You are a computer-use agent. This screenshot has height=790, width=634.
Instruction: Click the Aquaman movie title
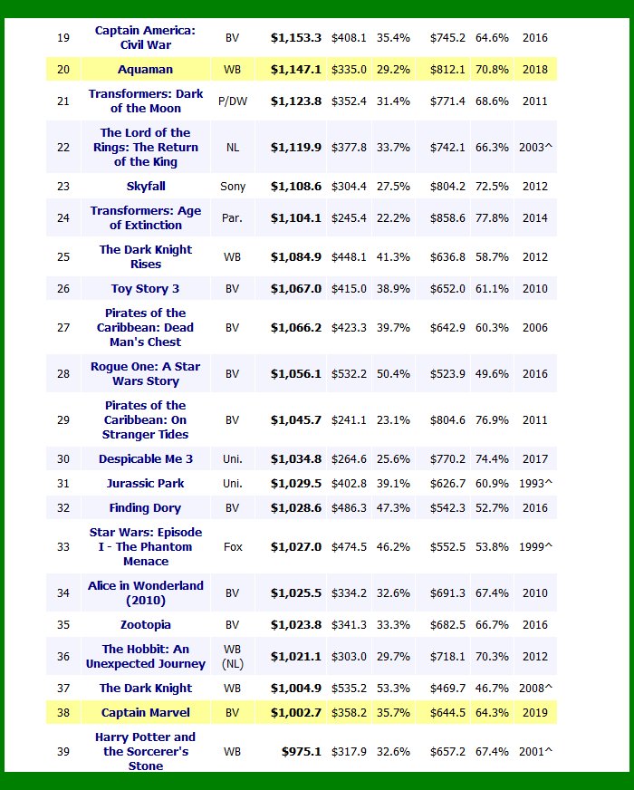coord(145,69)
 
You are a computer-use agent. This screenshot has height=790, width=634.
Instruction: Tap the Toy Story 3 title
coord(145,289)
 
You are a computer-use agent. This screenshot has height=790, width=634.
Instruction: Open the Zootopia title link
coord(145,625)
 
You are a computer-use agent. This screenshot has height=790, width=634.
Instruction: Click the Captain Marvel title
coord(145,713)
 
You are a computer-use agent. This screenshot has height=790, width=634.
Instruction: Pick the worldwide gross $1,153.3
coord(295,38)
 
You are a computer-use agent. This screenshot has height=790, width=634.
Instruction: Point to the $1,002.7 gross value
coord(295,713)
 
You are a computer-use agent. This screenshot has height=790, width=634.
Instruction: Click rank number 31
coord(63,484)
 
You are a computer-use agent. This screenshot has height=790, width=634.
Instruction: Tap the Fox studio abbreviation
coord(233,547)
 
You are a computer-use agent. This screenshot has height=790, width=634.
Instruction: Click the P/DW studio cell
coord(233,101)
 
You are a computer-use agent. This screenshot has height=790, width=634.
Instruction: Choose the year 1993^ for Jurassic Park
coord(535,484)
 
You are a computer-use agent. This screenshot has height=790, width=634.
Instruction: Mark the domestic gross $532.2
coord(349,374)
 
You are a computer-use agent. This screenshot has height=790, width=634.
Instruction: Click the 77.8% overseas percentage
coord(492,218)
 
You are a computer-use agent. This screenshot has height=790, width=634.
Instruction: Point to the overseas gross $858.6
coord(441,218)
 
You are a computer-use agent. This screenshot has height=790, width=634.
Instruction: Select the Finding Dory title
coord(145,508)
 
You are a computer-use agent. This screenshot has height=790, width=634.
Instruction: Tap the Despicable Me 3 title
coord(145,459)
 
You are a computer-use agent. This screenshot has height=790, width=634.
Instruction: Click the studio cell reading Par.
coord(233,218)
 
